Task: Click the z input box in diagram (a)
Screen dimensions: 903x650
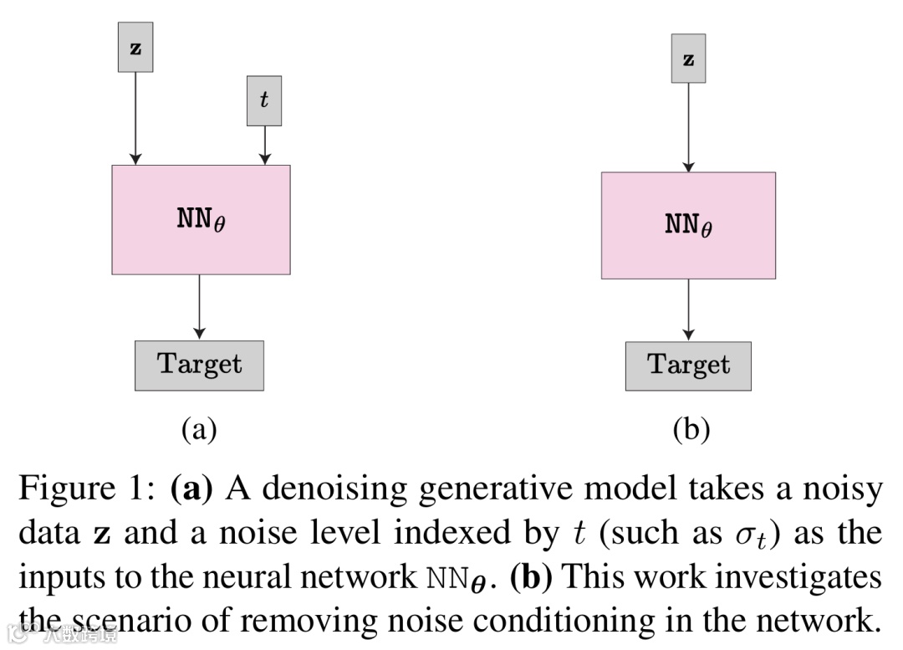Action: (135, 47)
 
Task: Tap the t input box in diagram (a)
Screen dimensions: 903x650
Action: (264, 101)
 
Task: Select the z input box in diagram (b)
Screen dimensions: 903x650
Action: (688, 59)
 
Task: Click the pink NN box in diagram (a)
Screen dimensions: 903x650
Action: (201, 219)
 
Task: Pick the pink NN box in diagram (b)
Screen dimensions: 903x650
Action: (688, 225)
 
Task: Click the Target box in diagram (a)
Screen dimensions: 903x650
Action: (199, 366)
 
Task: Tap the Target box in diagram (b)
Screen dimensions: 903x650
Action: (688, 366)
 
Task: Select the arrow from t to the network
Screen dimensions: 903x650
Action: (265, 146)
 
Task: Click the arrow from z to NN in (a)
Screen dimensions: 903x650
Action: (135, 119)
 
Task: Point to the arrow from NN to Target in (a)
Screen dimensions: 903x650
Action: (199, 307)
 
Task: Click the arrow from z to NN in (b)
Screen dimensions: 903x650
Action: (688, 127)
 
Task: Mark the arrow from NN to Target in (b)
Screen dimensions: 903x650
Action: (688, 310)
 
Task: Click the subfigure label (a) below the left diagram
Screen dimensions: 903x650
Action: (199, 429)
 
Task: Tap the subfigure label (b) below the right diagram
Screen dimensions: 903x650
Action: (691, 429)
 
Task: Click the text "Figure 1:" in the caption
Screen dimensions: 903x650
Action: (87, 488)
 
